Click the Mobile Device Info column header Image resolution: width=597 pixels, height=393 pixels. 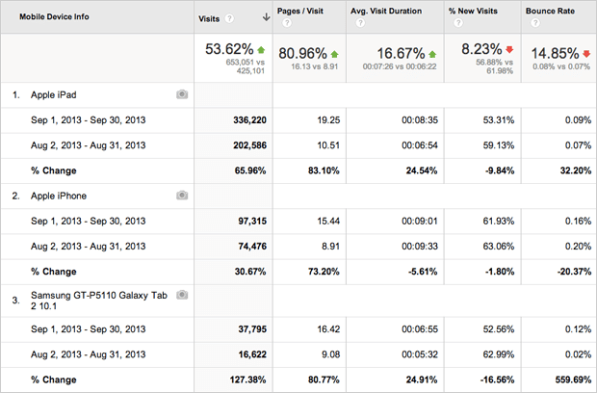pos(56,16)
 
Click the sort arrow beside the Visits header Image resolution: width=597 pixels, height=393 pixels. pos(265,17)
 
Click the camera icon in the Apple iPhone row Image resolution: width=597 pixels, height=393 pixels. pos(181,196)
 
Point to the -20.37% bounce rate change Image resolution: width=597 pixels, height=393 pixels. pos(564,272)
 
